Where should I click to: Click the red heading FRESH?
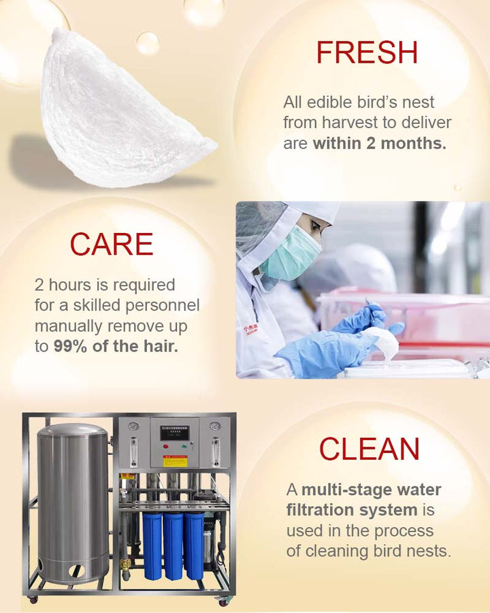(x=367, y=52)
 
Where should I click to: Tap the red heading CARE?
(x=112, y=244)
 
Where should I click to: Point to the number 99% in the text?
(x=70, y=346)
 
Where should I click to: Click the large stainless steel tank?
(x=73, y=504)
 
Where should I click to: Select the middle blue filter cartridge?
(x=173, y=546)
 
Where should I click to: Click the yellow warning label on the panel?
(x=175, y=461)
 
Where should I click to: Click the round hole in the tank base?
(x=77, y=570)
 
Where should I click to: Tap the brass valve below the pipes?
(x=126, y=564)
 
